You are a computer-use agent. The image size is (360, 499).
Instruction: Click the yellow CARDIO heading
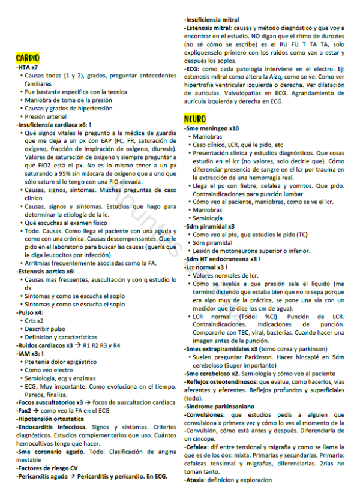[28, 58]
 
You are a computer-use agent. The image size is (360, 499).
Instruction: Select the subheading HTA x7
[28, 68]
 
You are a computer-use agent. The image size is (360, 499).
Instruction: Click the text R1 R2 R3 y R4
[101, 346]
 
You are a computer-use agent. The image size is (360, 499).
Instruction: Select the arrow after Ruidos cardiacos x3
[78, 346]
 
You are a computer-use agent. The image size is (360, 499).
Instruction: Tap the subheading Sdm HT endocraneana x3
[222, 258]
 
